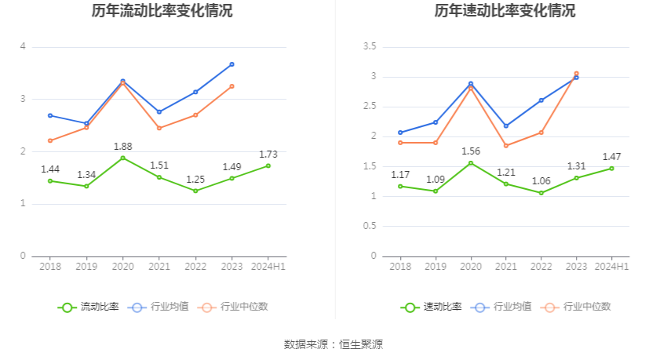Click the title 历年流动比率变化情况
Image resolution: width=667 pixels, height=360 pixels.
(162, 11)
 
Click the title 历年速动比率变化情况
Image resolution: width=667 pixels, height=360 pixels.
(505, 11)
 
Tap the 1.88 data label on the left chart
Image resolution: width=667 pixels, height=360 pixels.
(122, 146)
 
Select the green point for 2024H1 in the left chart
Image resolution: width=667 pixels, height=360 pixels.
(268, 165)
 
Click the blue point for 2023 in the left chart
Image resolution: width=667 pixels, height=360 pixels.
(231, 64)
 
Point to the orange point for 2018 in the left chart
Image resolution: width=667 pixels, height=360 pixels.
(50, 140)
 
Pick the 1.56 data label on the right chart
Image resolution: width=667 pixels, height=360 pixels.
(471, 151)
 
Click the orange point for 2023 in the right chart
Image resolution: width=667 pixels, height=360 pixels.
(576, 74)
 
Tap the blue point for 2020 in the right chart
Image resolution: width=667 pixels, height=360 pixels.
(471, 83)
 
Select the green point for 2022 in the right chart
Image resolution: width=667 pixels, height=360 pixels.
(541, 193)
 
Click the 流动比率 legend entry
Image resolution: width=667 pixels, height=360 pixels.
(89, 307)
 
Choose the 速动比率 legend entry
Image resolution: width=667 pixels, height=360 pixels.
(432, 307)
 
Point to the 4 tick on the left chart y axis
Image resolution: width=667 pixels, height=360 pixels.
(23, 47)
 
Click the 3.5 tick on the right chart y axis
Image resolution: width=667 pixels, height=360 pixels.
(369, 47)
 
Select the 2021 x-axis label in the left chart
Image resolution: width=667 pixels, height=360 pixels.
(159, 267)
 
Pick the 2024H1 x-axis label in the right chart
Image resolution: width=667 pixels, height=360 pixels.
(611, 267)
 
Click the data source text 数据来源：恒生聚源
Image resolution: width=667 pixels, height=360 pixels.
(333, 344)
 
